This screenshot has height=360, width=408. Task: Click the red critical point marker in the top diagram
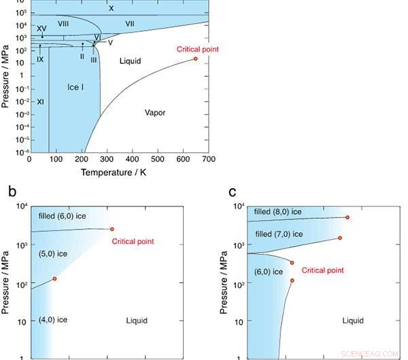coord(196,59)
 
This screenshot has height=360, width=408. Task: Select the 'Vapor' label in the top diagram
coord(155,112)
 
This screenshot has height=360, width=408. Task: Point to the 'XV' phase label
coord(41,28)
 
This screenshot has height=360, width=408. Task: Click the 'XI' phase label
coord(40,102)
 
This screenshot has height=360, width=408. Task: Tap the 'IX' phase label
coord(40,59)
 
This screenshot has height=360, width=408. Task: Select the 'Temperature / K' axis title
coord(118,173)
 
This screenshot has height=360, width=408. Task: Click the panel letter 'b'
coord(12,192)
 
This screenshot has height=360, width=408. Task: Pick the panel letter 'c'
coord(233,192)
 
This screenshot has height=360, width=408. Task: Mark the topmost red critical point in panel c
coord(347,217)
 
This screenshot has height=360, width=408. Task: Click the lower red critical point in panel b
coord(54,278)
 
